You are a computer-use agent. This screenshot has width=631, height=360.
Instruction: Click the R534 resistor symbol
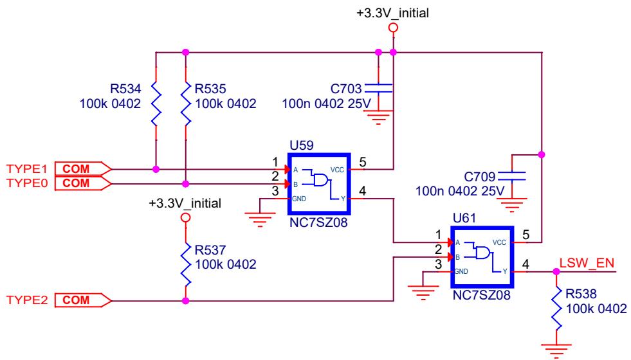[156, 104]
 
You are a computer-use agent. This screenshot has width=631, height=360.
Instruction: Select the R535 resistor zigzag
[185, 104]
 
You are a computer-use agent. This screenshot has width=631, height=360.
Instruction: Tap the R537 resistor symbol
[185, 264]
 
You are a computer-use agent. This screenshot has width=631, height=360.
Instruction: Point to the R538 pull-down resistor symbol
[556, 308]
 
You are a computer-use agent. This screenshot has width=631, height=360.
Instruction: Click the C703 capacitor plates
[378, 89]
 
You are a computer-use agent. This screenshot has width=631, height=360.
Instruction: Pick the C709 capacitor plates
[511, 176]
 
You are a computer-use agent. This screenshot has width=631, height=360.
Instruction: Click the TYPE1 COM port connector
[83, 169]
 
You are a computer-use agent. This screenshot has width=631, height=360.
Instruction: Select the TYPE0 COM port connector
[83, 183]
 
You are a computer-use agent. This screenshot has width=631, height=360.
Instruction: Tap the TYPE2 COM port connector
[83, 300]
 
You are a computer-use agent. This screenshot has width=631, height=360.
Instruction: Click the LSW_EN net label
[587, 263]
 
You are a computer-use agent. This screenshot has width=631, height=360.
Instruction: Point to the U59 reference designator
[302, 145]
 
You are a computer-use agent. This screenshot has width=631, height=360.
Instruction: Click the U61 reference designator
[464, 218]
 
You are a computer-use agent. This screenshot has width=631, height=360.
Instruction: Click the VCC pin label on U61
[499, 242]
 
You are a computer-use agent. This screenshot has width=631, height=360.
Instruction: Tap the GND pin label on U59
[299, 199]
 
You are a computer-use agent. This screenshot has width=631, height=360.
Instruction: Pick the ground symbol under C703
[378, 117]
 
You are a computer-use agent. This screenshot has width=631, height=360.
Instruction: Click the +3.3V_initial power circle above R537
[185, 218]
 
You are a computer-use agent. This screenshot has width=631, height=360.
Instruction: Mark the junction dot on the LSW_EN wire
[556, 272]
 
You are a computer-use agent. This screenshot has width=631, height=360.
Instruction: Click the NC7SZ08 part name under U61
[481, 295]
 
